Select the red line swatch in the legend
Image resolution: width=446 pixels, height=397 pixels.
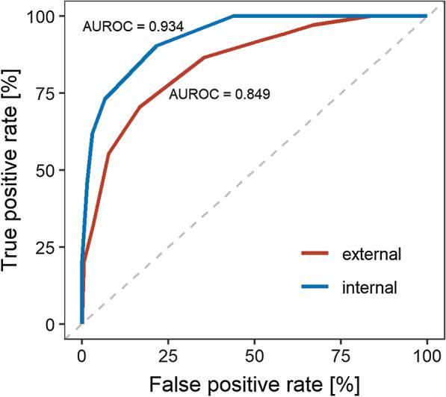pos(320,254)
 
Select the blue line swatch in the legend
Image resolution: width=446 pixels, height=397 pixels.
pos(320,286)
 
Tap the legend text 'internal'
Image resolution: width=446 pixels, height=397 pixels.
pos(374,286)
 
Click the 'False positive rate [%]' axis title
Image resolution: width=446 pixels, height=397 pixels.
pos(254,384)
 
